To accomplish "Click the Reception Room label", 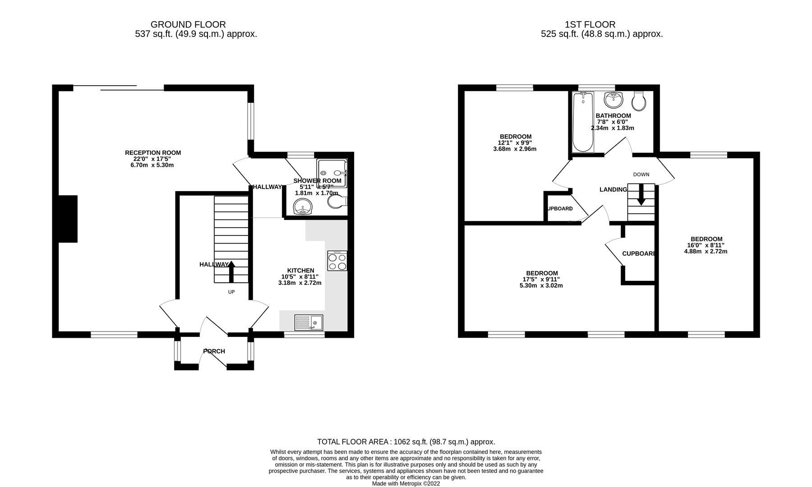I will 153,153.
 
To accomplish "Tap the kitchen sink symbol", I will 309,322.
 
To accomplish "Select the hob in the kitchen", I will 337,261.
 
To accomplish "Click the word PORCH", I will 214,351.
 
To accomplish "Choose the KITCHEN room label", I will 300,271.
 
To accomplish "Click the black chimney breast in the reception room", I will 68,219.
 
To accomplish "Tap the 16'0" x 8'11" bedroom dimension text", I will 706,245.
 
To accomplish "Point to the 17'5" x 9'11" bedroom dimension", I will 542,279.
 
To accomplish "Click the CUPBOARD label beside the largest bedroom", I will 639,254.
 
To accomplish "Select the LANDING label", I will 613,189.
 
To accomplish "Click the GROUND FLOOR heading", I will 188,25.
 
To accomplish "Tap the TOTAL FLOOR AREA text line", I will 406,442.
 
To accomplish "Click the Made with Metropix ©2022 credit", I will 406,483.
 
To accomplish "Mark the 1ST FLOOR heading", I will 590,25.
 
